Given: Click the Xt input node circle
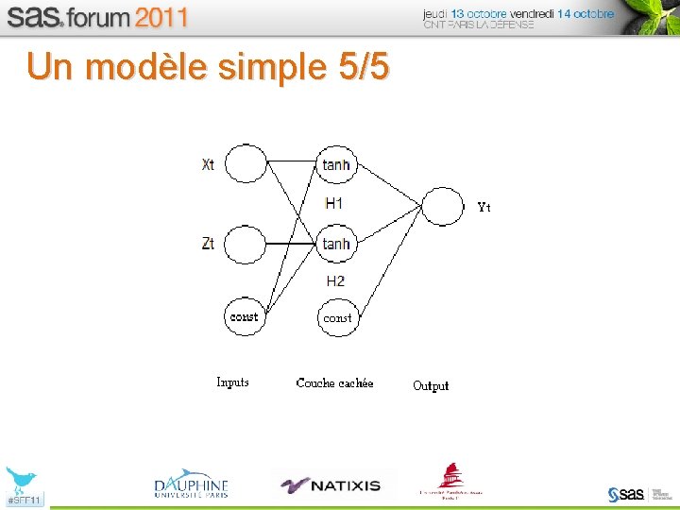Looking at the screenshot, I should click(x=246, y=163).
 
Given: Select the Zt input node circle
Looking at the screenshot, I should click(x=246, y=245).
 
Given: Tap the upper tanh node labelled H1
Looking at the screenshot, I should click(x=335, y=164).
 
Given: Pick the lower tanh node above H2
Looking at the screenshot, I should click(x=335, y=244).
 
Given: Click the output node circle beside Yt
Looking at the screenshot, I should click(x=442, y=206).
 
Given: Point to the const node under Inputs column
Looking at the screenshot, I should click(x=244, y=316).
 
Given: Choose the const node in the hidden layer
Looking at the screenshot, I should click(x=337, y=317).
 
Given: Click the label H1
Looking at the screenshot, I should click(x=334, y=203).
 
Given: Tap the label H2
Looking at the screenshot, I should click(x=335, y=280).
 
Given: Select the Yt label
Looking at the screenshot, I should click(x=484, y=207).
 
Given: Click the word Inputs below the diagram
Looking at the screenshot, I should click(x=232, y=382).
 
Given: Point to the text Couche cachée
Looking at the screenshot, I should click(x=334, y=382).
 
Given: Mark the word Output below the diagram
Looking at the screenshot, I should click(x=431, y=385).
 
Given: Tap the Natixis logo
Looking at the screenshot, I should click(x=332, y=485).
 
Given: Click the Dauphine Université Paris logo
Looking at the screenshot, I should click(x=192, y=484).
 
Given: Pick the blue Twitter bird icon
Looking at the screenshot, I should click(x=20, y=479).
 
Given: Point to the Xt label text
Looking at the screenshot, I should click(x=208, y=164).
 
